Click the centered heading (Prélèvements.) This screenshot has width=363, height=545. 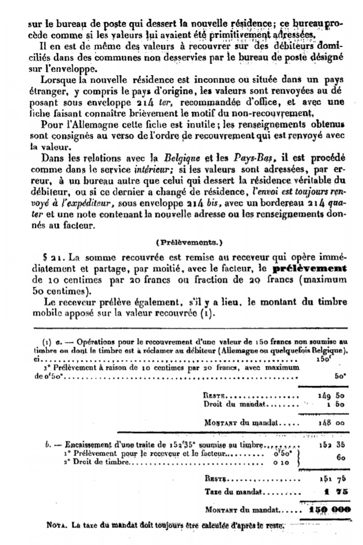pos(181,242)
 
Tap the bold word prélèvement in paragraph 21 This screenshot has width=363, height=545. pos(310,269)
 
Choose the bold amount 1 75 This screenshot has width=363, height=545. pos(331,491)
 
